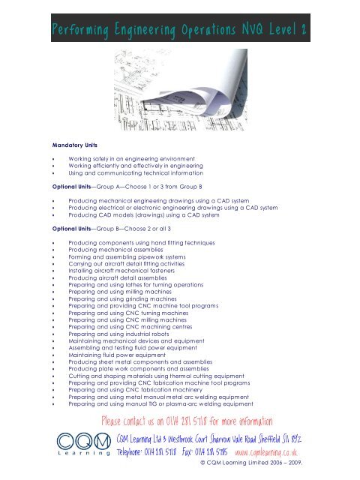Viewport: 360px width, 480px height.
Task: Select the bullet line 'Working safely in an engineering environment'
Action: (x=133, y=160)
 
